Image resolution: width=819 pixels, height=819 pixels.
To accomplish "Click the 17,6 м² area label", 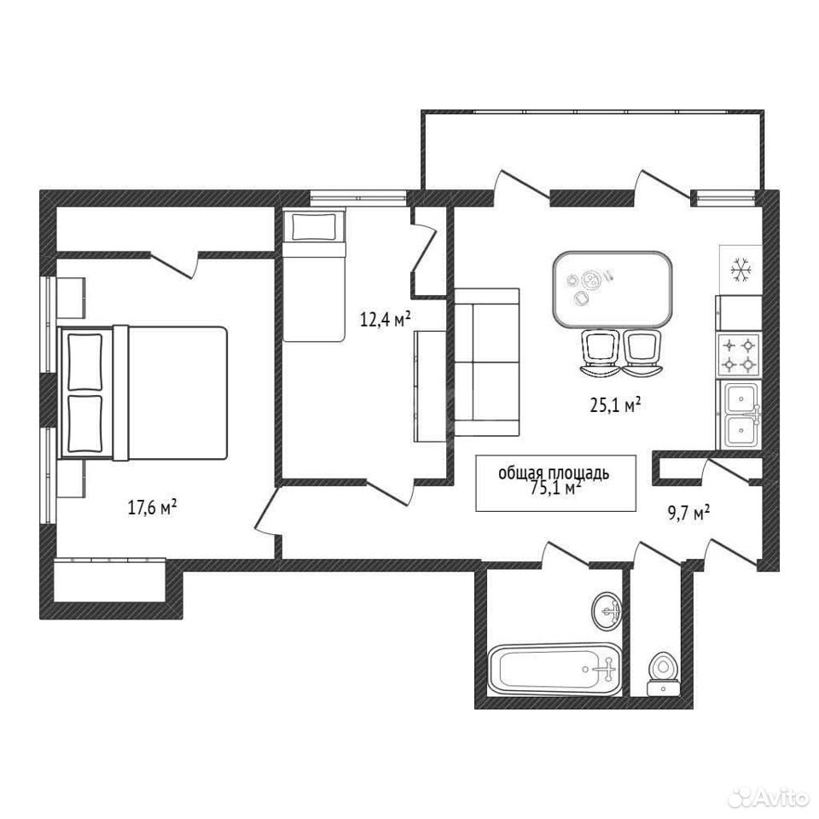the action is pos(152,507).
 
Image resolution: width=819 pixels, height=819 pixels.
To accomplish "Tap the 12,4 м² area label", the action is pos(385,318).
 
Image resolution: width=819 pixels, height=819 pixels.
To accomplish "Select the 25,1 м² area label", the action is pos(615,404).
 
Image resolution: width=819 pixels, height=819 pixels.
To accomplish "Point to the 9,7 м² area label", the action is pos(689,513).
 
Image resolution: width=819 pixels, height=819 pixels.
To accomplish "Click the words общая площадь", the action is pos(554,473).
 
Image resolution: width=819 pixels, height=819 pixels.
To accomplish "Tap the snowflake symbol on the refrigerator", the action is pos(741,270).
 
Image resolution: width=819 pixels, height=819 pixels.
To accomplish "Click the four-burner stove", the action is pos(739,354).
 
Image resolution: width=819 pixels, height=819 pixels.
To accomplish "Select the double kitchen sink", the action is pos(741,414).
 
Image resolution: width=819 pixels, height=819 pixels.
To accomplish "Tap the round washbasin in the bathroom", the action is pos(607,611).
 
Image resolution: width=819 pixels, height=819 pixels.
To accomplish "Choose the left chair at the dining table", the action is pos(600,353).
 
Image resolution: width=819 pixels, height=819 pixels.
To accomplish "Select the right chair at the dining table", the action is pos(642,353).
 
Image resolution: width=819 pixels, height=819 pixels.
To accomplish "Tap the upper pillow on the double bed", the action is pos(85,362).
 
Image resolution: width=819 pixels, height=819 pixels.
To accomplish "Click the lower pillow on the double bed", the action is pos(85,424).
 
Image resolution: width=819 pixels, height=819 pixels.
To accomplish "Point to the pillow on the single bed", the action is pos(312,227).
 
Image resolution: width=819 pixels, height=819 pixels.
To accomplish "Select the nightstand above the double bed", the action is pos(71,297).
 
